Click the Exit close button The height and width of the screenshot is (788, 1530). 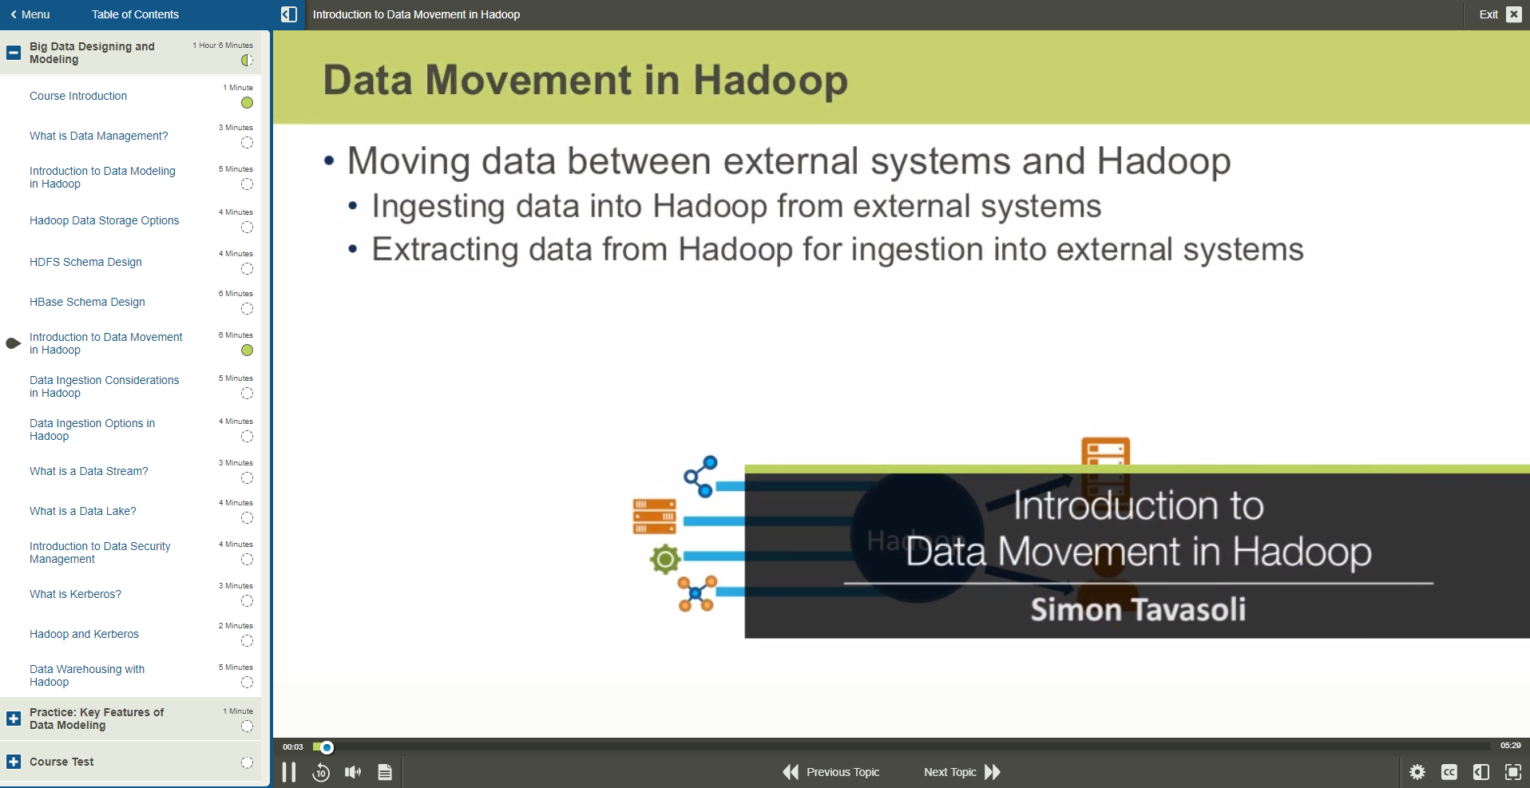[1513, 14]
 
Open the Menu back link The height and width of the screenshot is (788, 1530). [30, 14]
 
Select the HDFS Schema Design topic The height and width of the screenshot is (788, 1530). [85, 262]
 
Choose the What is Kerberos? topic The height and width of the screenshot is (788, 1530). [75, 594]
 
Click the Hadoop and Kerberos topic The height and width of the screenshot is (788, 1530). [84, 634]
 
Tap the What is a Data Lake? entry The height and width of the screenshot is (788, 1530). [83, 511]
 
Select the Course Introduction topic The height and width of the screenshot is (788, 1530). [78, 96]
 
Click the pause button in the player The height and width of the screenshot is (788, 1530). [289, 772]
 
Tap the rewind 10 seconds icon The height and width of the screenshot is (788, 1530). [321, 772]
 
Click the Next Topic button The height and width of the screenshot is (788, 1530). [961, 772]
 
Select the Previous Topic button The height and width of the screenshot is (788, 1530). [830, 772]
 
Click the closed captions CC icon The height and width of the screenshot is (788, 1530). [1449, 772]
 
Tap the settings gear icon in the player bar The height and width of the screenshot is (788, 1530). [1417, 772]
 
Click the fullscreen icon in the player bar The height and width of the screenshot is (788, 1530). [1513, 772]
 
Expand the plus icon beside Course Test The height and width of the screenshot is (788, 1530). [14, 762]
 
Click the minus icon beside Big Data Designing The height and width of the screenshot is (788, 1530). [14, 53]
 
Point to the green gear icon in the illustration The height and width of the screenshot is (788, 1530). [665, 559]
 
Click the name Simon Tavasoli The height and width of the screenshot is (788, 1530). [1138, 610]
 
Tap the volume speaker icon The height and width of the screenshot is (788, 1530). [353, 772]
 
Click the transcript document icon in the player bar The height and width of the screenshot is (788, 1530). [385, 772]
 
